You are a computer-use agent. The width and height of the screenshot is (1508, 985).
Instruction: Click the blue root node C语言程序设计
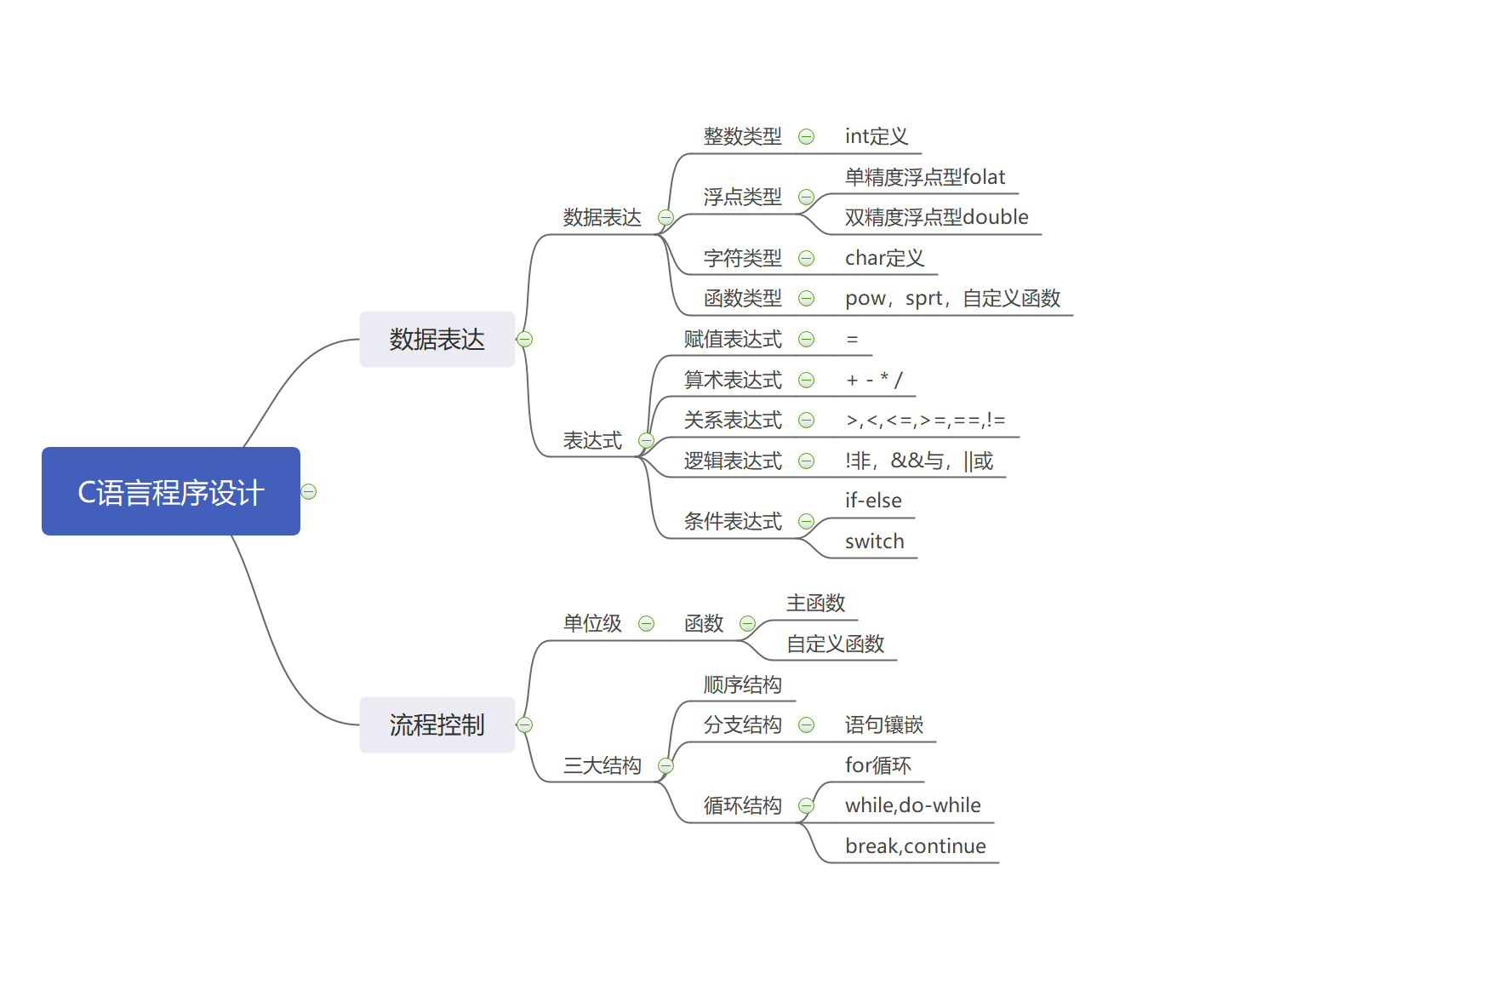(171, 491)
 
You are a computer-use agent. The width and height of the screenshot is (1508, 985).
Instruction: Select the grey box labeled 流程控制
(437, 724)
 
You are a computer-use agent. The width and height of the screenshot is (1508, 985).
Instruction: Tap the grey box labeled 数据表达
(437, 339)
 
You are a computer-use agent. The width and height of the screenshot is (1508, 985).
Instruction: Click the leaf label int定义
(876, 136)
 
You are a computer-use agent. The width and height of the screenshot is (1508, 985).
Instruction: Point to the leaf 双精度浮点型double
(936, 217)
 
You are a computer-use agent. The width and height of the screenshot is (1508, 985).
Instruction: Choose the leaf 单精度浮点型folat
(924, 177)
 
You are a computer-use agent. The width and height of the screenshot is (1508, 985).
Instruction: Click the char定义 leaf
(884, 258)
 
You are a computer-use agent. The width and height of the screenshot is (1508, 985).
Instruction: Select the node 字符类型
(742, 258)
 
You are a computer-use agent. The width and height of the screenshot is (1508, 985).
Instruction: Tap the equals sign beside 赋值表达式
(852, 340)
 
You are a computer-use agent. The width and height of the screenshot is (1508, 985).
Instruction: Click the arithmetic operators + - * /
(874, 380)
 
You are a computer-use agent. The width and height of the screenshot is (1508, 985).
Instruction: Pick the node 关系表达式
(733, 420)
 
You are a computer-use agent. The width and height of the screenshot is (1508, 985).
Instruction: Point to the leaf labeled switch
(874, 541)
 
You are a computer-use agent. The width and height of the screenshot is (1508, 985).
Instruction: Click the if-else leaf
(873, 501)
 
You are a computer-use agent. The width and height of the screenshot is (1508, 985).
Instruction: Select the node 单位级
(592, 623)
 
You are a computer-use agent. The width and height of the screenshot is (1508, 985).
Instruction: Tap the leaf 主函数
(815, 603)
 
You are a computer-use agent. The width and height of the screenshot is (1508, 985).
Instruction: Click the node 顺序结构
(742, 684)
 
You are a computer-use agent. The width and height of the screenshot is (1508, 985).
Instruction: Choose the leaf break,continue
(915, 846)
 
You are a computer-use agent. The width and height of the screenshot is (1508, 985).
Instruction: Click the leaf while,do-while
(912, 805)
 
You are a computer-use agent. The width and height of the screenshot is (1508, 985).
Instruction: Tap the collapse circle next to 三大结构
(666, 766)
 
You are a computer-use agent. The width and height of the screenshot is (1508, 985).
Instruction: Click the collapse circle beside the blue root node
(309, 492)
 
